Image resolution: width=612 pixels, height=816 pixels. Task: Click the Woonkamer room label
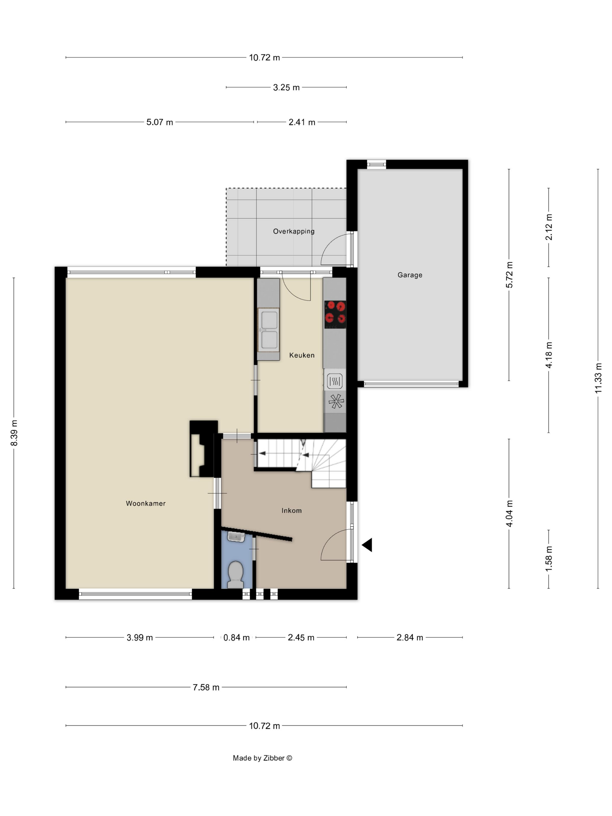[x=146, y=503]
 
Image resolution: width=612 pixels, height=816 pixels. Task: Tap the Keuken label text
[x=302, y=355]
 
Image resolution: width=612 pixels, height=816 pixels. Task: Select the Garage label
[x=410, y=275]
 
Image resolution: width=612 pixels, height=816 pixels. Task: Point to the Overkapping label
[x=294, y=231]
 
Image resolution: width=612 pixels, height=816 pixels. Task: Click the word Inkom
[x=291, y=511]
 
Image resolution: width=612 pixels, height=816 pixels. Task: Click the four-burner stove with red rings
[x=335, y=314]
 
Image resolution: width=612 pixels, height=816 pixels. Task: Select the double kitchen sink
[x=269, y=329]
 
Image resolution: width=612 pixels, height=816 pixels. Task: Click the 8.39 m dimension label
[x=14, y=433]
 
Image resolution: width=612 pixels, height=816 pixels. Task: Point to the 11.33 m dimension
[x=598, y=378]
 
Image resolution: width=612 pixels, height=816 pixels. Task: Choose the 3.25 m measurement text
[x=286, y=87]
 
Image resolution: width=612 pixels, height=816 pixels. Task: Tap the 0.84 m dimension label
[x=236, y=637]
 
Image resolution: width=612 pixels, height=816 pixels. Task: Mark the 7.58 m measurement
[x=206, y=687]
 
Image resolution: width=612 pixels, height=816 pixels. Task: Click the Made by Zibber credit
[x=262, y=758]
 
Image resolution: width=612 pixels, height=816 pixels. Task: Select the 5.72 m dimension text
[x=509, y=275]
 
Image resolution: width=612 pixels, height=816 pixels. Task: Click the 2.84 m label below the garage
[x=409, y=637]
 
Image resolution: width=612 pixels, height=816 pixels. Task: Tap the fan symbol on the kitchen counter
[x=336, y=401]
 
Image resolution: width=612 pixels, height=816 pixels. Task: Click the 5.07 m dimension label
[x=159, y=122]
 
